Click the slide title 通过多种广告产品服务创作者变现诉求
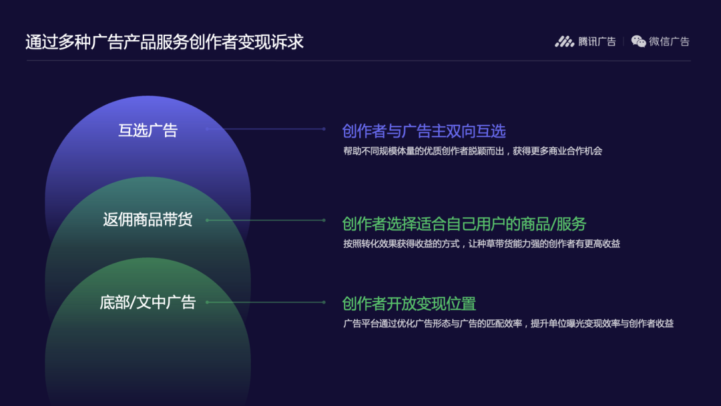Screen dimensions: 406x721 click(164, 42)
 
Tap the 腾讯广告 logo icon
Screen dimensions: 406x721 click(564, 41)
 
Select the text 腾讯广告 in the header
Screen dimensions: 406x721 click(597, 41)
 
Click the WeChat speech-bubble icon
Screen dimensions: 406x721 click(639, 41)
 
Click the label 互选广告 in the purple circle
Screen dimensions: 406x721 click(148, 130)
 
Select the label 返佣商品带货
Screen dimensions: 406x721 click(148, 219)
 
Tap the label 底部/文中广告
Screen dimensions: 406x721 click(148, 302)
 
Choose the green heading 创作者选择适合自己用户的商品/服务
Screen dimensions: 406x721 click(464, 223)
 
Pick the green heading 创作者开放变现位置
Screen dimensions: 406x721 click(409, 303)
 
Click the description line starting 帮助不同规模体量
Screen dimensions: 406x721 click(473, 151)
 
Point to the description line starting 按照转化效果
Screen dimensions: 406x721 click(481, 244)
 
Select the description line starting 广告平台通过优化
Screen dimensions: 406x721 click(508, 324)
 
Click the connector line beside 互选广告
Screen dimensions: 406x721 click(266, 129)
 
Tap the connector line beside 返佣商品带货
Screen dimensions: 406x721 click(266, 220)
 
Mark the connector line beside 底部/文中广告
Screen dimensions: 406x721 click(266, 302)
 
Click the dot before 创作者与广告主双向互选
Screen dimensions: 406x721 click(324, 129)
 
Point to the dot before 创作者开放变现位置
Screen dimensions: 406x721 click(324, 302)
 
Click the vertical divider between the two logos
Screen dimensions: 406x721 click(624, 41)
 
